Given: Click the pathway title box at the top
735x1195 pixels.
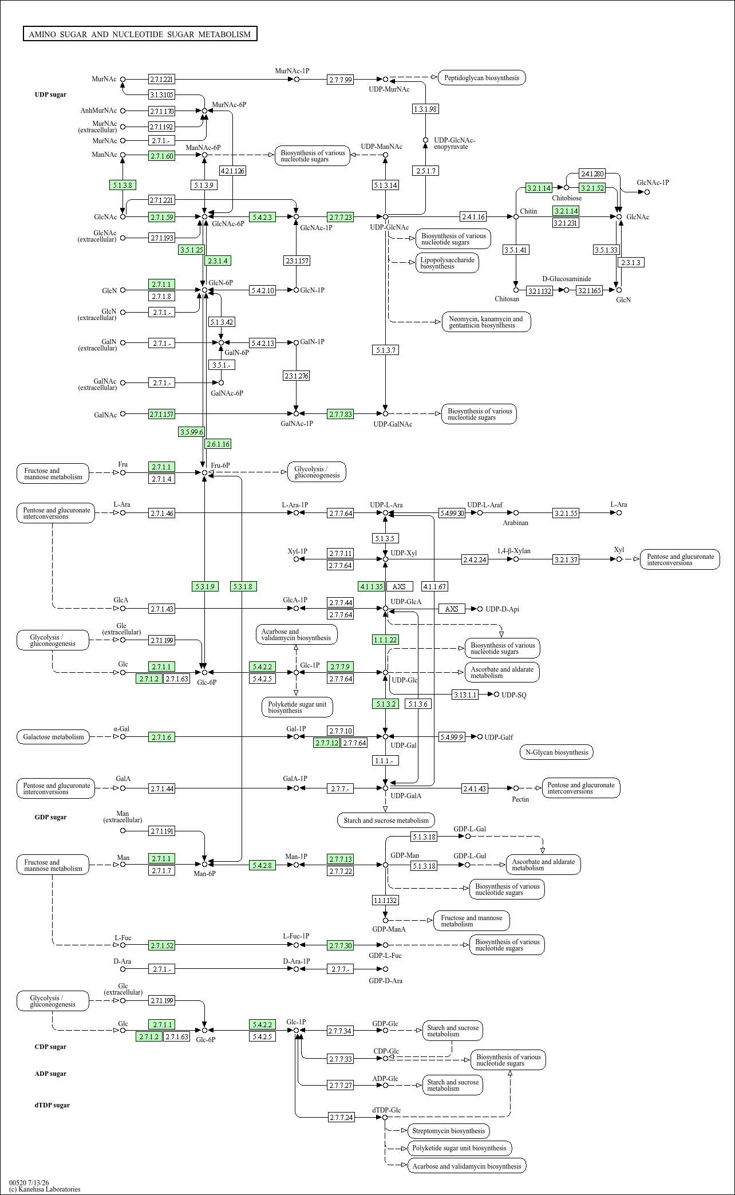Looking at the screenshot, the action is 140,34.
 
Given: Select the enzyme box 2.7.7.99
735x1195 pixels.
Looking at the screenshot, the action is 341,79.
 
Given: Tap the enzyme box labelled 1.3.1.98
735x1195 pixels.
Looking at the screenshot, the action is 425,109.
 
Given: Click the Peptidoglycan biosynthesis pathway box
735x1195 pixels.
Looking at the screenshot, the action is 482,77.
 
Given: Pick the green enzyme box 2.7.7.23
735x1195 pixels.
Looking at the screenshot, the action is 341,217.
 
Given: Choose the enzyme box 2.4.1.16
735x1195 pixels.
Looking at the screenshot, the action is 473,216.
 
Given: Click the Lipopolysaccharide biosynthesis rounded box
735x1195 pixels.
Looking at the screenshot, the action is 447,263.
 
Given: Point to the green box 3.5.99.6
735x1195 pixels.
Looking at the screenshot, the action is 191,432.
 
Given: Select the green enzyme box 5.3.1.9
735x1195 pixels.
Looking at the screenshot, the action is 205,586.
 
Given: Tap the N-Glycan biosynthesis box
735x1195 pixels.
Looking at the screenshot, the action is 556,752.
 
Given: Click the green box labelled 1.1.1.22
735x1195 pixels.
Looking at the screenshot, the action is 385,640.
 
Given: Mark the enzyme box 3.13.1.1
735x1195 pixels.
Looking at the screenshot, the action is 464,695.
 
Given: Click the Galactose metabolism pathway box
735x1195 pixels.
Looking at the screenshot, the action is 53,737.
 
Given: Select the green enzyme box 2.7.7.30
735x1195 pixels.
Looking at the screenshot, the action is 341,945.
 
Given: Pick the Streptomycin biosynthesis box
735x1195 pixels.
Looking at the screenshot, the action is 448,1131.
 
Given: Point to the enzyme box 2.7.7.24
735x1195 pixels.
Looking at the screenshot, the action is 342,1117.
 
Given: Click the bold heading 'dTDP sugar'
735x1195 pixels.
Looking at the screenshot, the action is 52,1105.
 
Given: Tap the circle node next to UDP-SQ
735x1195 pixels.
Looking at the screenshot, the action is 496,695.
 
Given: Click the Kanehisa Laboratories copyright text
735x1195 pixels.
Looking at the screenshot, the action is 45,1189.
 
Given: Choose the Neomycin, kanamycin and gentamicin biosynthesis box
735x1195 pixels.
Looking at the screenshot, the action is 486,322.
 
